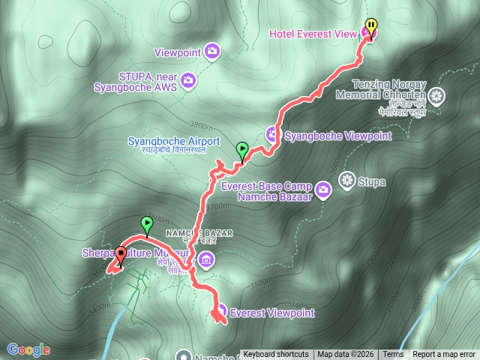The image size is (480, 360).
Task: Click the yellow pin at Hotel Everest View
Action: (x=370, y=25)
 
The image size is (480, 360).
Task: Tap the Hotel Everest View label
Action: (x=313, y=32)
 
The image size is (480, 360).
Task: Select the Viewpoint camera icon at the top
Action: (x=212, y=51)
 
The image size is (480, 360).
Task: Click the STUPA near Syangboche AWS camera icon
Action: (x=187, y=79)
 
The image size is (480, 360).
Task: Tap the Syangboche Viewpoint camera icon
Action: (x=272, y=134)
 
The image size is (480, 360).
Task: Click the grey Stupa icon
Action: (x=346, y=179)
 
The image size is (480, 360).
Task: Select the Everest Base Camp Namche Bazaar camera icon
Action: (x=322, y=187)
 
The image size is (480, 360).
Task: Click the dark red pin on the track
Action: (x=120, y=254)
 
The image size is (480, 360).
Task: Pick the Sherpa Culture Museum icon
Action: (x=207, y=260)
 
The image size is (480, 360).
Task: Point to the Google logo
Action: (x=28, y=349)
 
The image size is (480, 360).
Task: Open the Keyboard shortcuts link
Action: (x=275, y=355)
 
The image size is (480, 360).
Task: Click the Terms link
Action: (x=392, y=355)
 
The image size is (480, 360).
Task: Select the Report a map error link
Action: (x=443, y=355)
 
